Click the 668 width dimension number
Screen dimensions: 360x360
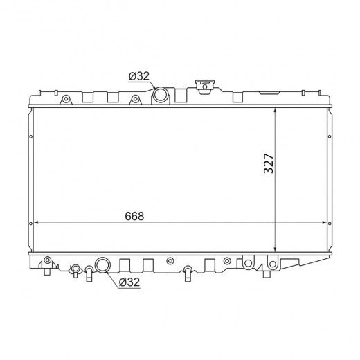point(134,216)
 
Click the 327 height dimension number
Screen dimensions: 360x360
point(269,163)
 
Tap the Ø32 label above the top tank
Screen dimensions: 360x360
point(139,76)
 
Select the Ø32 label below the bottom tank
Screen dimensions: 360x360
point(129,282)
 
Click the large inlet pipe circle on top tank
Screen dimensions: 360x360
point(160,94)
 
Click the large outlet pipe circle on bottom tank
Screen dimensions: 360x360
point(103,264)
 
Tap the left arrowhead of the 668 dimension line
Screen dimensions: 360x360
point(36,222)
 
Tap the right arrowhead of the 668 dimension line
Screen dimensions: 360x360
point(325,222)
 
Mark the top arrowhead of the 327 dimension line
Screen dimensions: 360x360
point(275,111)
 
